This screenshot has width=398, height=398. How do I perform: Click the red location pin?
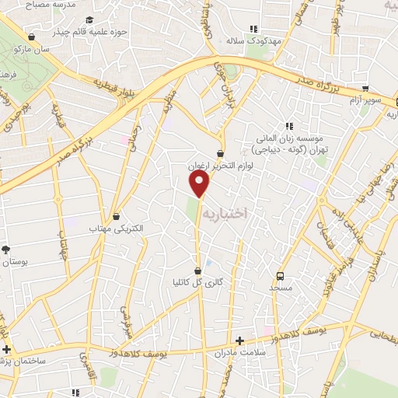pos(201,184)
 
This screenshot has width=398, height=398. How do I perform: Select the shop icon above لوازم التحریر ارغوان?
pos(221,153)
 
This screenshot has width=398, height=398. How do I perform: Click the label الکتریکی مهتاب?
pos(116,229)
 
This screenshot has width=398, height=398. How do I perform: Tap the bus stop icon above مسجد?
pos(280,274)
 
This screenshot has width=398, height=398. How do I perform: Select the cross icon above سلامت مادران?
pos(240,340)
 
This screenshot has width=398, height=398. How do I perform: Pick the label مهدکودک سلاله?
pos(246,40)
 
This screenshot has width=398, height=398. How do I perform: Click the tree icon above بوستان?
pos(6,249)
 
